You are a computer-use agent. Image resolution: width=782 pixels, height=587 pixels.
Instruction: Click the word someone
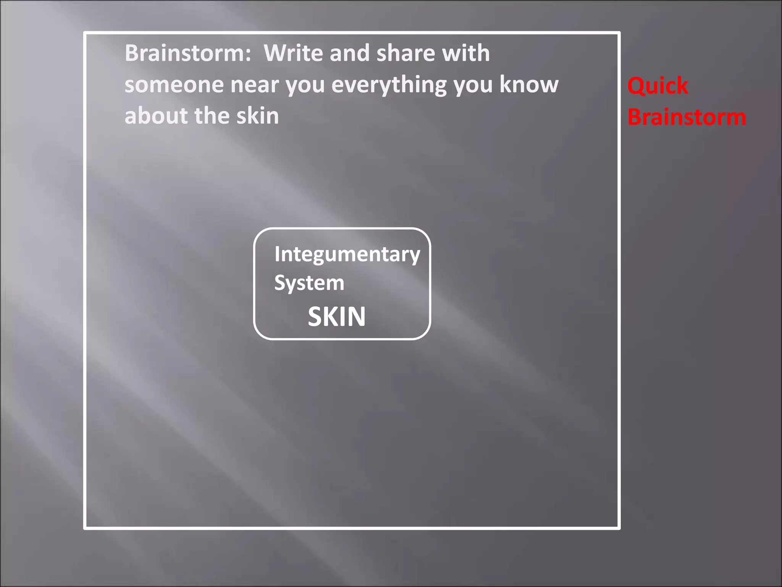click(174, 85)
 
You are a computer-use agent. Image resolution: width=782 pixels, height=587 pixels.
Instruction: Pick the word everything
click(389, 85)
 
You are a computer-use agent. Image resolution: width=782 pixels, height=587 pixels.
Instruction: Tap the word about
click(156, 116)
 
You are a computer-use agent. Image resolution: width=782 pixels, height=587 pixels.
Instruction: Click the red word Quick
click(658, 86)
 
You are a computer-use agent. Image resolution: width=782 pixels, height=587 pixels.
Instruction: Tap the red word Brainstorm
click(687, 117)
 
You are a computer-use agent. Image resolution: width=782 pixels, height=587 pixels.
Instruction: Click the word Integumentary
click(347, 255)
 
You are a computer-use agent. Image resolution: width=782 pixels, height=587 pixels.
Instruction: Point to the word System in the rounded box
click(309, 283)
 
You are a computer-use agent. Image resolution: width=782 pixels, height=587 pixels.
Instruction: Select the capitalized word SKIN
click(336, 316)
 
